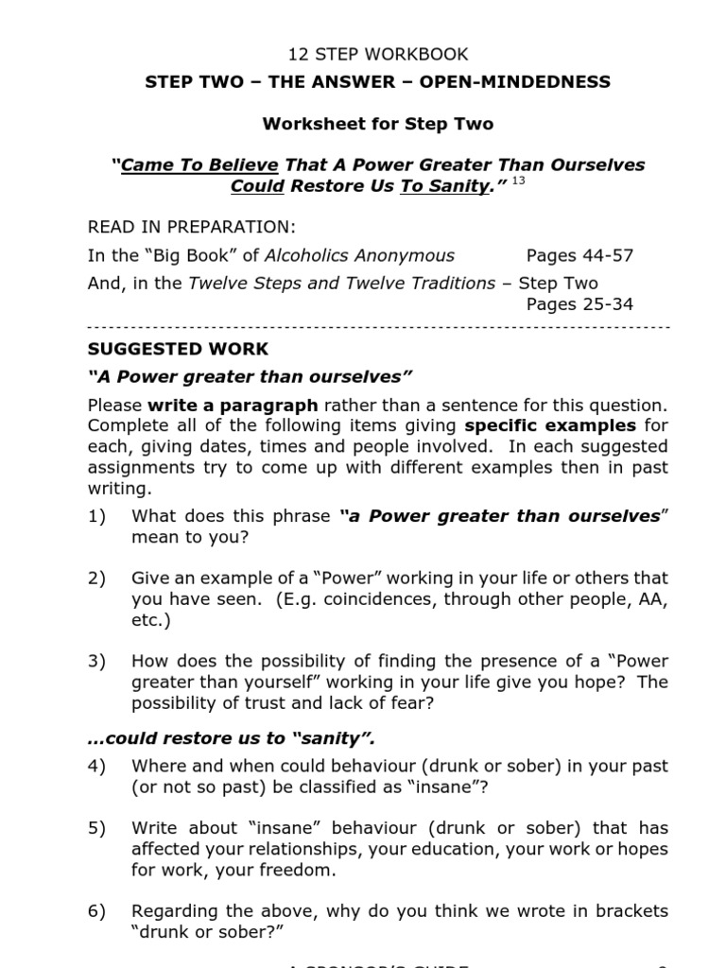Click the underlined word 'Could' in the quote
257,186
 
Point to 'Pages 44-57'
579,255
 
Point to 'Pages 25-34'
579,304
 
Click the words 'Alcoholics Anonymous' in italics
359,255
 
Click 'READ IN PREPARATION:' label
191,227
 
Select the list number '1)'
97,516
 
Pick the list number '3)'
97,661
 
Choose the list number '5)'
97,828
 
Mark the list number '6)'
97,911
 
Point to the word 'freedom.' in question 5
301,870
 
